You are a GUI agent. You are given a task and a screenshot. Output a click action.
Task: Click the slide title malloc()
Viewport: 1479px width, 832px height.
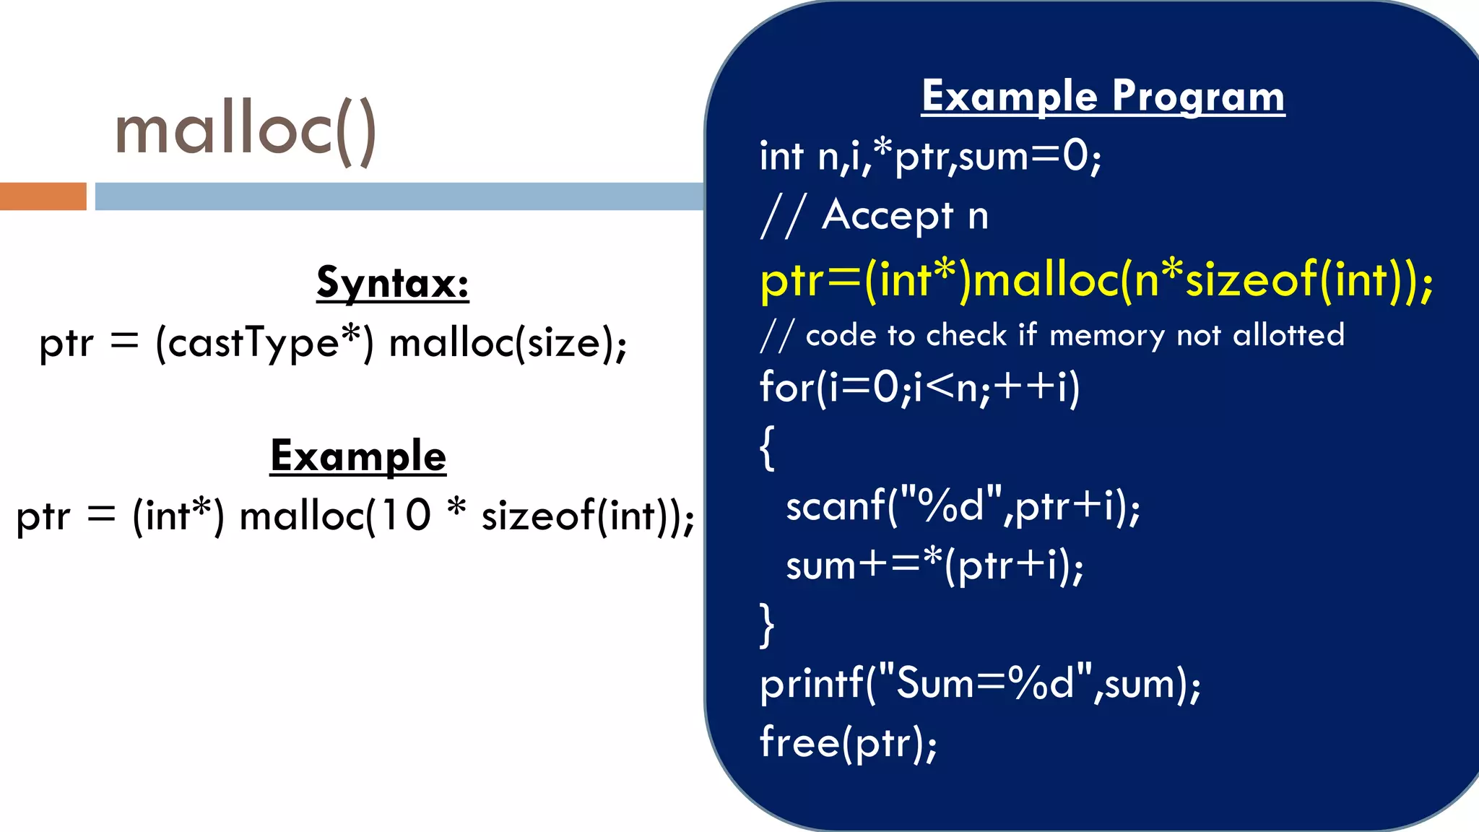point(246,130)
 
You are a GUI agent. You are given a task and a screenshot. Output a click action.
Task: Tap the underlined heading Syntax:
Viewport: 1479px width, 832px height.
point(392,282)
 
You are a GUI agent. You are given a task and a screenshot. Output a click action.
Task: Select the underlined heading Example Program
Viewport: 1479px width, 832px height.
point(1103,96)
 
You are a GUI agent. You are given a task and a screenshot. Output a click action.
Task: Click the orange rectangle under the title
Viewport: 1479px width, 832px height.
point(43,196)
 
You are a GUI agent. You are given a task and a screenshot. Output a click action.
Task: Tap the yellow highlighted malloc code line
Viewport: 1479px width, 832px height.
point(1096,279)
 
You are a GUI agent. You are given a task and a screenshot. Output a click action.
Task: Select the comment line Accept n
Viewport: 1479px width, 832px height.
point(875,215)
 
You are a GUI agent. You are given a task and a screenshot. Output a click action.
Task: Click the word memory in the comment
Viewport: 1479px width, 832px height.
point(1106,336)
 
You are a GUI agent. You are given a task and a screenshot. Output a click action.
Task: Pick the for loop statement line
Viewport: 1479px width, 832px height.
point(919,388)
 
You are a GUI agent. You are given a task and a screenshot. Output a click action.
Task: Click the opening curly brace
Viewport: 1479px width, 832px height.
point(767,448)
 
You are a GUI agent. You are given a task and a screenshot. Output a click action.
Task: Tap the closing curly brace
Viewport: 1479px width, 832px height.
point(767,625)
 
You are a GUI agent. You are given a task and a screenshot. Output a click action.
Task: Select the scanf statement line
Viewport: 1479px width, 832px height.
point(962,506)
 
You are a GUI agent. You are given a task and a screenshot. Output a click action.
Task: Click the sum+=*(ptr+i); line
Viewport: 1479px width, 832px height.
point(934,565)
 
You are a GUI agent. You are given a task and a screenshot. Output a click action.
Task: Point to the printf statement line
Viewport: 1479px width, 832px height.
point(979,683)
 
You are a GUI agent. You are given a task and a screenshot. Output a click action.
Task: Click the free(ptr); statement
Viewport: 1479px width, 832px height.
point(848,742)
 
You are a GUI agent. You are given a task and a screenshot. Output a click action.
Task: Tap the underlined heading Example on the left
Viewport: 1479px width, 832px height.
point(358,456)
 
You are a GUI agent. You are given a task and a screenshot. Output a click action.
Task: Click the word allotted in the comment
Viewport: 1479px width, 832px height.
point(1288,335)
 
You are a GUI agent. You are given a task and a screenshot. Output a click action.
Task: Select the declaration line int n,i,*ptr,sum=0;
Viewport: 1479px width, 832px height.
point(929,157)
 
